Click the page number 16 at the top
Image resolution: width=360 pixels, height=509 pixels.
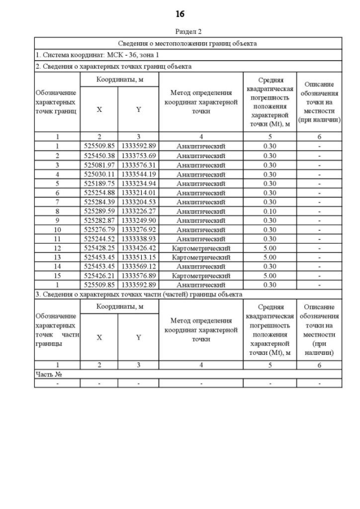(x=180, y=13)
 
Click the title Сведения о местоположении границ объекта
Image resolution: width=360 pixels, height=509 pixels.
(x=187, y=43)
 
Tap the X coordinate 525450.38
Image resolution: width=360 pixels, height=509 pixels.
(x=99, y=155)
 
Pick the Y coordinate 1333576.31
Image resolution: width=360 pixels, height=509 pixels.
(x=138, y=165)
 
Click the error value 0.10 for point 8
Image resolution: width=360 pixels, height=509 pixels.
(x=269, y=211)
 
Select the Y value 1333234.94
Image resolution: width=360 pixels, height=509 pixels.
(x=138, y=183)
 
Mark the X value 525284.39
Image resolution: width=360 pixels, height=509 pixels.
(x=99, y=201)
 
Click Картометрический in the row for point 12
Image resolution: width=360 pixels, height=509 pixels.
(x=201, y=248)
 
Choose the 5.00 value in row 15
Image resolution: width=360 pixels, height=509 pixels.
(x=269, y=276)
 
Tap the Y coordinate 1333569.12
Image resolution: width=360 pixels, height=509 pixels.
(x=138, y=267)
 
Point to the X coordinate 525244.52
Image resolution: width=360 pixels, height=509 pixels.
(x=99, y=238)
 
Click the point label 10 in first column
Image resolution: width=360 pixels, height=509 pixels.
(x=57, y=229)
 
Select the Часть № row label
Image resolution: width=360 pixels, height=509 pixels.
(x=48, y=374)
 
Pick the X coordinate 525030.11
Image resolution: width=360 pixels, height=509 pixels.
(x=99, y=174)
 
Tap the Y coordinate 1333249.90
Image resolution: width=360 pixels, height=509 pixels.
(x=138, y=220)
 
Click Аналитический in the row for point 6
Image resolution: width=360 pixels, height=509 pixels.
(x=201, y=192)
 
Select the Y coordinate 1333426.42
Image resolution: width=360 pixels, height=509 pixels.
(x=138, y=248)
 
